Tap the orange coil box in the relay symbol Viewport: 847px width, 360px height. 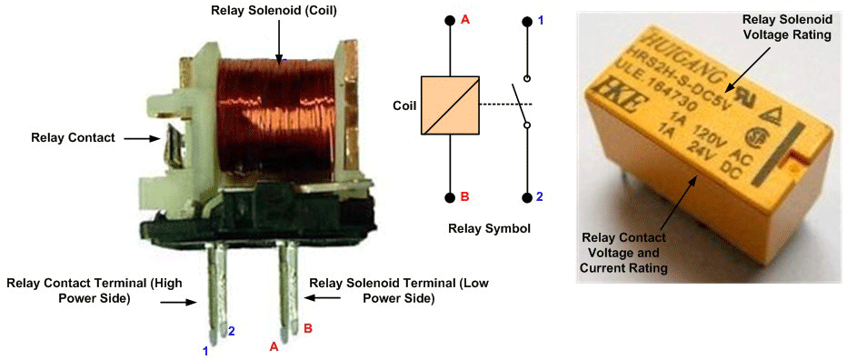pyautogui.click(x=450, y=105)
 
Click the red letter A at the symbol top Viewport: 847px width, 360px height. pyautogui.click(x=464, y=21)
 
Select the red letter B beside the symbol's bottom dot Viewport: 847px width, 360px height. pyautogui.click(x=464, y=196)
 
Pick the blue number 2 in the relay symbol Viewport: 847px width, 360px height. pyautogui.click(x=539, y=196)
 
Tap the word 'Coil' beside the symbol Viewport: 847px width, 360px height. pyautogui.click(x=404, y=106)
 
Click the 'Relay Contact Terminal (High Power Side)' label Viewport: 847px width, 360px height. pyautogui.click(x=95, y=291)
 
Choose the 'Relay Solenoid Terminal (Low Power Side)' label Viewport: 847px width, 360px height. pyautogui.click(x=399, y=291)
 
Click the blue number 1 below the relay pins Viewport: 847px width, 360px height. pyautogui.click(x=205, y=351)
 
